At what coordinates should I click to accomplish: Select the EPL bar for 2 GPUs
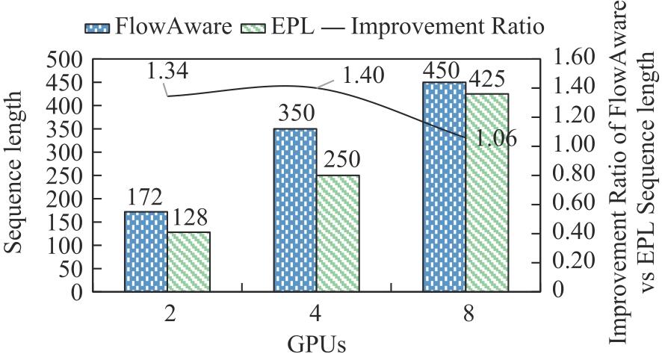click(188, 261)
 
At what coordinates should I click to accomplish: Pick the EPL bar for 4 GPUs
click(338, 233)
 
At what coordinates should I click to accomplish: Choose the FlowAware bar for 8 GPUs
click(444, 186)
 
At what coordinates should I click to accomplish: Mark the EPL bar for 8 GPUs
click(486, 192)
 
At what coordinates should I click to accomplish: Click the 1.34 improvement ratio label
click(167, 72)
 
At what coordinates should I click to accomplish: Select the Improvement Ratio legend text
click(448, 27)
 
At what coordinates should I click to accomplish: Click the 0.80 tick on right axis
click(575, 174)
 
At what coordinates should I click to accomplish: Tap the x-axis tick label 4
click(318, 314)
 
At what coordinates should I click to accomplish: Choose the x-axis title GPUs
click(316, 346)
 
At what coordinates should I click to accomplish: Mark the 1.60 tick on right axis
click(575, 58)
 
